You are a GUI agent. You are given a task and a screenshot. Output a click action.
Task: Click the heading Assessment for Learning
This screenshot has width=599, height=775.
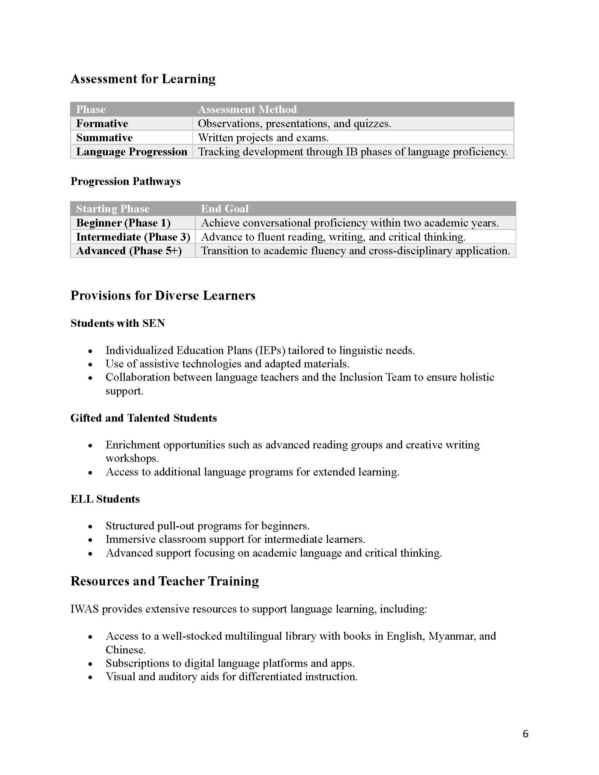(143, 79)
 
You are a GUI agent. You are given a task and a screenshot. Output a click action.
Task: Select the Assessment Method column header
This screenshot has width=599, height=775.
(247, 109)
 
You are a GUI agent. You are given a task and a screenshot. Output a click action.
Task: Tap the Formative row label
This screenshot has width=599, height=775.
(102, 124)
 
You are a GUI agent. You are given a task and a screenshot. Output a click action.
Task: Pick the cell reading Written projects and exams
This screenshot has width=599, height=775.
(263, 138)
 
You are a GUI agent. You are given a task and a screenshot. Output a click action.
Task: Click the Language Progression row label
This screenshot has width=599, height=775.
(131, 152)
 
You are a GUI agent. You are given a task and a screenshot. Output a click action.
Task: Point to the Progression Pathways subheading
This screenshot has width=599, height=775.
(125, 181)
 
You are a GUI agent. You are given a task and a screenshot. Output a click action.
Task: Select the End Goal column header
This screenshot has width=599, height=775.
(225, 209)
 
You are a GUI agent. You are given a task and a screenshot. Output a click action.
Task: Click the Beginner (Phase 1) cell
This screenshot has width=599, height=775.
(123, 223)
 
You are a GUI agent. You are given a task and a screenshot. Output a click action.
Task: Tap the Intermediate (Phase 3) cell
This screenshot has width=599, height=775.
(133, 237)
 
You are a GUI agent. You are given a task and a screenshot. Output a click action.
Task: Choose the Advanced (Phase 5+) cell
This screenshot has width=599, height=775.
(129, 251)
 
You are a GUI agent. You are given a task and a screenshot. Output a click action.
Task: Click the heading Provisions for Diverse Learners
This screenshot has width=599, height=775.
(163, 296)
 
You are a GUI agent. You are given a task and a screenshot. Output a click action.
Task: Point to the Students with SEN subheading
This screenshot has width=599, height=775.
(117, 323)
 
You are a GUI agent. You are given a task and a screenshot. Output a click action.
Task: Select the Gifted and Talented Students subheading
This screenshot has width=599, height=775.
(143, 418)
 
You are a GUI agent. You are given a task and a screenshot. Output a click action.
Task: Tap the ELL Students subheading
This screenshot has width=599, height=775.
(105, 499)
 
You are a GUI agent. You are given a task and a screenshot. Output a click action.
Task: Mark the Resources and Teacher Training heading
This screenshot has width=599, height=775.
(165, 581)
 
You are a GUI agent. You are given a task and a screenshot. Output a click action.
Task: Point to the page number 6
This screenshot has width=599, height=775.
(526, 733)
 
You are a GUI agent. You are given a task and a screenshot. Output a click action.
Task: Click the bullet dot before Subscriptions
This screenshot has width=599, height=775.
(91, 664)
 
